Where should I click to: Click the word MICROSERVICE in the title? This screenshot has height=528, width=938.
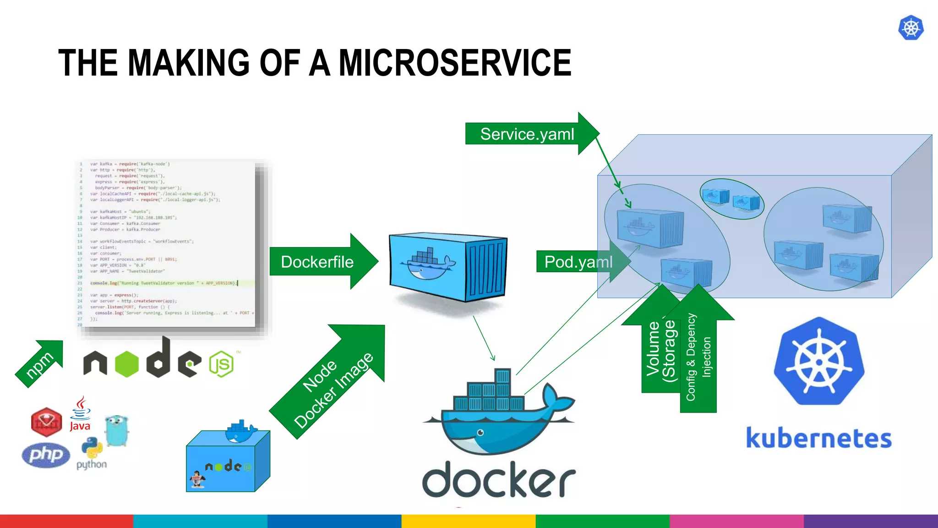tap(454, 63)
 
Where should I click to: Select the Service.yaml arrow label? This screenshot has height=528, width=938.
tap(527, 134)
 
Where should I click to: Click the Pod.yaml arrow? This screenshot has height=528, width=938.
tap(578, 262)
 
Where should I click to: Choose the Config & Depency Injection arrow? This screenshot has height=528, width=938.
tap(698, 357)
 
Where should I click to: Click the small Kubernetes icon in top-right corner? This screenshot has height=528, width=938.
tap(911, 28)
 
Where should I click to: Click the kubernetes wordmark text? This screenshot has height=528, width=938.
tap(819, 439)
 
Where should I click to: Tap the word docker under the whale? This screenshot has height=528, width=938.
tap(498, 480)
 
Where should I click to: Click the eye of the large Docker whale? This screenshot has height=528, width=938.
tap(480, 432)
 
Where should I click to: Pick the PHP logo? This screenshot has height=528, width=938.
tap(46, 455)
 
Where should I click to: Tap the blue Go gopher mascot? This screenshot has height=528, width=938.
tap(116, 430)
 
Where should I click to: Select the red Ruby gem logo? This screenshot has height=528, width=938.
tap(46, 422)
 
